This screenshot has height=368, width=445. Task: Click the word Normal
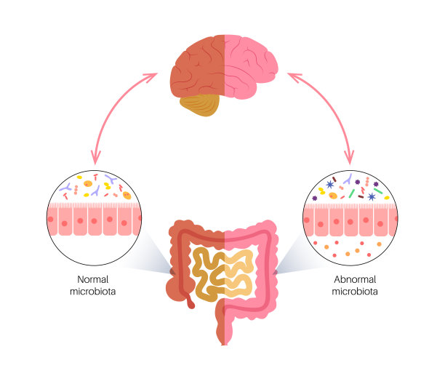(92, 279)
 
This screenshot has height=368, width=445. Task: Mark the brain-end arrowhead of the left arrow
(152, 75)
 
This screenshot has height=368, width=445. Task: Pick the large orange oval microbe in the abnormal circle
(333, 196)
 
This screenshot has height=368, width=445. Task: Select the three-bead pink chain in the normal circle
(76, 190)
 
